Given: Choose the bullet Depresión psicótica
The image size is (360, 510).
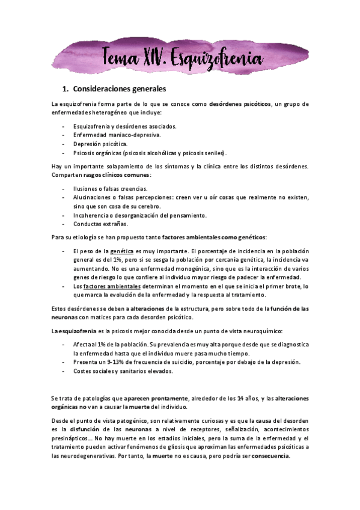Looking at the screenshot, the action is coord(100,144).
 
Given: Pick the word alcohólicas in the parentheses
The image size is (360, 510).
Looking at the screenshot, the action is coord(155,153).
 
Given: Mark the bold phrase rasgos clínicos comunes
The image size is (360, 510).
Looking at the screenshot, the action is coord(126,174).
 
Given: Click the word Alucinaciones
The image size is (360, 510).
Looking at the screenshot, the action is coord(93,197).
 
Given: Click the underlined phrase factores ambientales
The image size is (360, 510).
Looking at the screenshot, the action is coord(113,286).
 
